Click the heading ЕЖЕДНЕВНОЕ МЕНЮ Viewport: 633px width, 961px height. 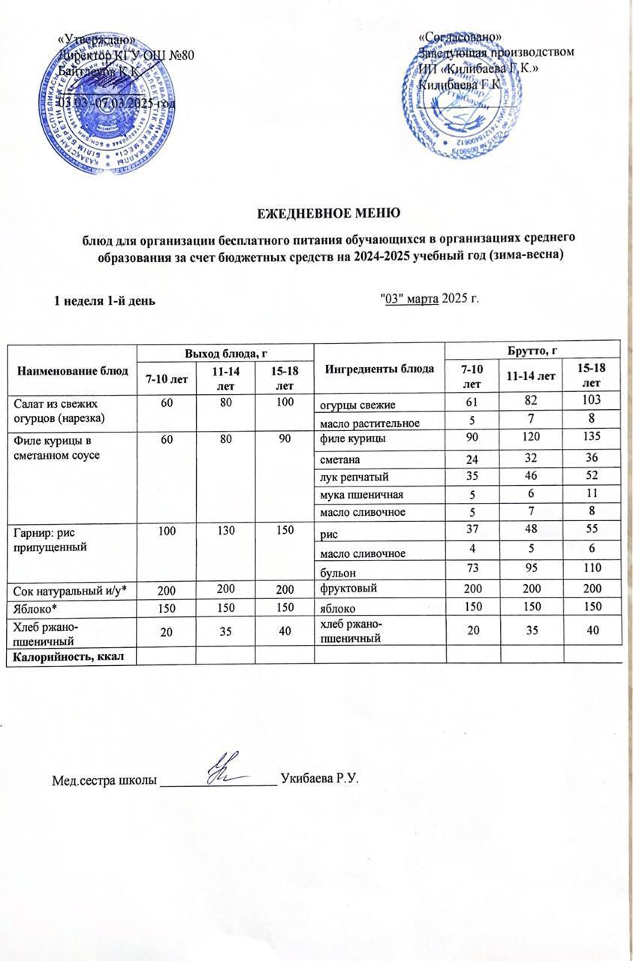(324, 212)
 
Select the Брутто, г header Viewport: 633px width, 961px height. (532, 349)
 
